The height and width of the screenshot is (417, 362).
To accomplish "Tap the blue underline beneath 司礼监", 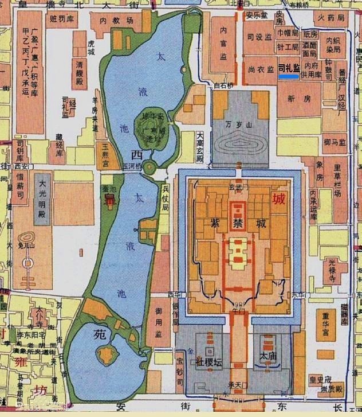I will (288, 75).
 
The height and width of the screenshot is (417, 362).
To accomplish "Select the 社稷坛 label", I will (208, 363).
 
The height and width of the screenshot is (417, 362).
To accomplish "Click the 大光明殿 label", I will (42, 197).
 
